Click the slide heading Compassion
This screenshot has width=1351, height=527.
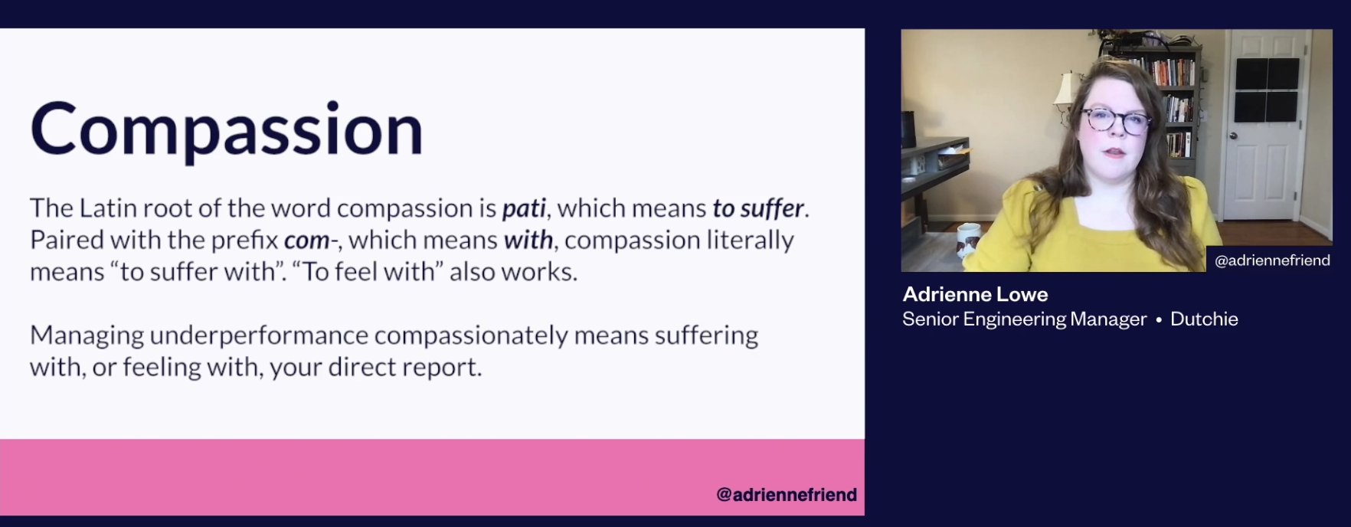click(x=227, y=130)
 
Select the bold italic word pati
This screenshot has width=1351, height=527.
click(x=524, y=208)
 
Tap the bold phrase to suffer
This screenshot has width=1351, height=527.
click(x=758, y=208)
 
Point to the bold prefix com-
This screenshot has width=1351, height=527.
click(x=311, y=241)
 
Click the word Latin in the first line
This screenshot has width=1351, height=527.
click(x=105, y=208)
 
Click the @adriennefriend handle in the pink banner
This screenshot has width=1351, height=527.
click(x=787, y=495)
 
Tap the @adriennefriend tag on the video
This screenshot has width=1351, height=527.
click(x=1272, y=260)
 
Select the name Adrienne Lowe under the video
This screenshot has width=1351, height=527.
click(x=975, y=294)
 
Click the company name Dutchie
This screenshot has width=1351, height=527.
click(x=1204, y=319)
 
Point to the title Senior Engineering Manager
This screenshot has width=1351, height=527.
click(x=1024, y=319)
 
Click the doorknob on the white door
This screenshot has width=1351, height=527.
click(x=1233, y=136)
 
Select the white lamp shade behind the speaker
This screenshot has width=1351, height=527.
click(x=1066, y=88)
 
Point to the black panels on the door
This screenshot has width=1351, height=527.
click(x=1266, y=90)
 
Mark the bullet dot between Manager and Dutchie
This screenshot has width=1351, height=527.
click(x=1159, y=320)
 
